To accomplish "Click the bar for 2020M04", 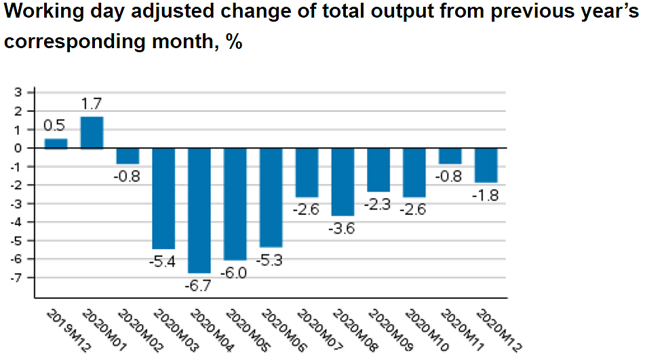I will point(199,210).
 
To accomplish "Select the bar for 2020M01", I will point(92,132).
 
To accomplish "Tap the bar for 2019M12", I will point(56,143).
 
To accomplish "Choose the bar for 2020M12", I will point(486,165).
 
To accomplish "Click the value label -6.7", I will point(198,285).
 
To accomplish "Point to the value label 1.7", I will point(92,105).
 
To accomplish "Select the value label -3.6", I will point(343,228).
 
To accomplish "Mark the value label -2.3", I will point(378,205).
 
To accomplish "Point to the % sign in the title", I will point(234,41).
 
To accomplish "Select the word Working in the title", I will point(43,13).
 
